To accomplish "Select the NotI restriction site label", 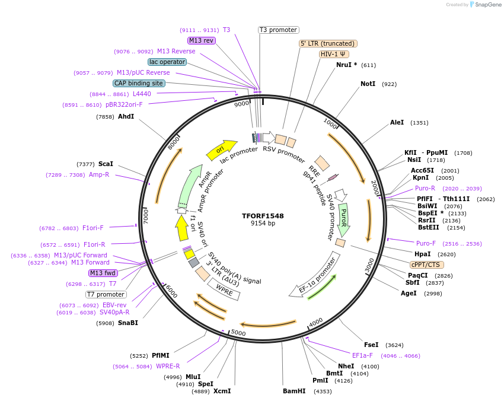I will point(368,84).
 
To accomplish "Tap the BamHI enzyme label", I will point(294,391).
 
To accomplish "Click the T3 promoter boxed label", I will point(279,30).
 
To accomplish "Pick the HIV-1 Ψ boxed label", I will point(334,54).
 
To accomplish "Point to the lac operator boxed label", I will point(167,62).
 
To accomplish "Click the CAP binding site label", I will point(139,84).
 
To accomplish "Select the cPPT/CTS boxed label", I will point(426,265).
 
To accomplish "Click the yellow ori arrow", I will point(221,151).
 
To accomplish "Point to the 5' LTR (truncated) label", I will point(327,43).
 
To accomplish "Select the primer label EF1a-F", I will point(362,356).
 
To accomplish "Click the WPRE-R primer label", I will point(168,367).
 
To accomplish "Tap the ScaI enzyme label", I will point(106,164).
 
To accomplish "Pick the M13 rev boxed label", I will point(201,40).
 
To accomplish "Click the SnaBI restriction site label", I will point(127,323).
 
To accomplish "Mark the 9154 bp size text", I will point(263,224).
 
